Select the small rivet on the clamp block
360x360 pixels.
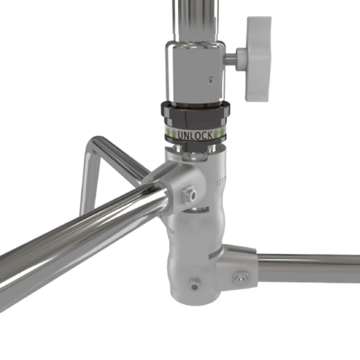211,79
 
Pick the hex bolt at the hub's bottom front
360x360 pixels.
194,285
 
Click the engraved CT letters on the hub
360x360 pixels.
220,182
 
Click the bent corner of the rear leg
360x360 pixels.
92,144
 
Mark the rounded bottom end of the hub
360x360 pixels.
191,299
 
